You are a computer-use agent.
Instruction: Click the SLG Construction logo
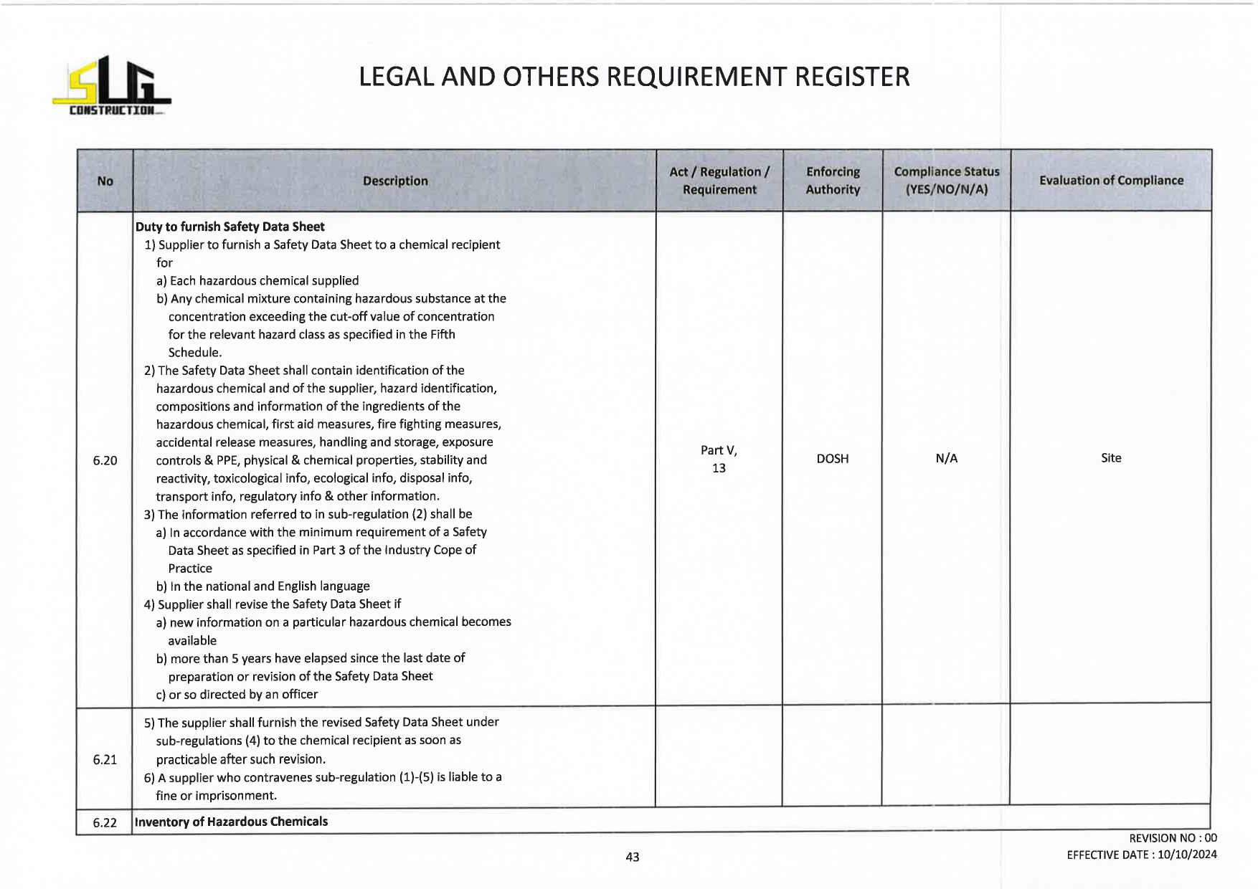[x=111, y=86]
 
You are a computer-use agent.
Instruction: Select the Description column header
[x=394, y=181]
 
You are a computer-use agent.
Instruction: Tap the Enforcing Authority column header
[x=832, y=181]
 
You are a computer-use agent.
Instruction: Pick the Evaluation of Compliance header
[x=1110, y=181]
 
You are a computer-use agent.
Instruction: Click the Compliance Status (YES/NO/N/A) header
[x=946, y=181]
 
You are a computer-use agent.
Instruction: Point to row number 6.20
[x=105, y=460]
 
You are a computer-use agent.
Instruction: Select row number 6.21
[x=105, y=759]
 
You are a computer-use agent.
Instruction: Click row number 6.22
[x=105, y=822]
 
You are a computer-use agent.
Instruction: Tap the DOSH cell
[x=832, y=459]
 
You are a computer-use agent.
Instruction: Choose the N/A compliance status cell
[x=946, y=459]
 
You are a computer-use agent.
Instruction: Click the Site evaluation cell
[x=1110, y=458]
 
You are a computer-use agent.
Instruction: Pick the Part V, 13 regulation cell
[x=719, y=459]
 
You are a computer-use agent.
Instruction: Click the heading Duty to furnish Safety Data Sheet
[x=230, y=227]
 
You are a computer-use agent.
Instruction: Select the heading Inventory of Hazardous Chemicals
[x=231, y=822]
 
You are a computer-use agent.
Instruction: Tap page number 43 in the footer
[x=632, y=857]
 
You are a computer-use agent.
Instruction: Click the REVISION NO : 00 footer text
[x=1173, y=838]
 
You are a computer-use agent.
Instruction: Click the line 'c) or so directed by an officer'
[x=237, y=694]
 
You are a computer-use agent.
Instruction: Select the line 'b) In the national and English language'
[x=263, y=586]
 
